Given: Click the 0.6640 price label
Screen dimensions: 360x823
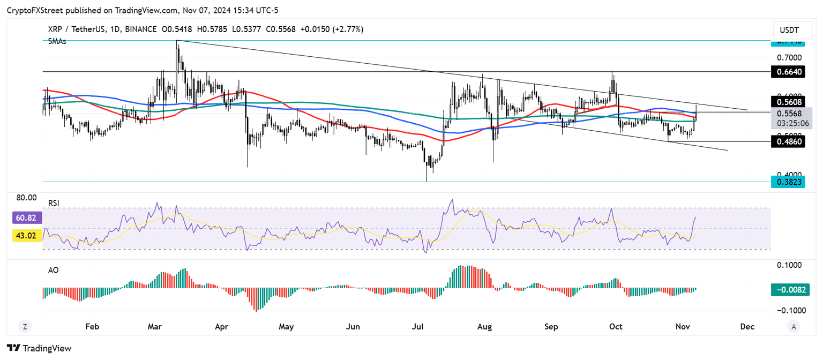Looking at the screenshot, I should [787, 71].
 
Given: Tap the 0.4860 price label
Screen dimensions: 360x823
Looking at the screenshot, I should [787, 141].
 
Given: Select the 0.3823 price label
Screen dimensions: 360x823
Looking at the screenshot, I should [787, 182].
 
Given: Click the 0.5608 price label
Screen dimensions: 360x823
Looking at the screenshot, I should [787, 102].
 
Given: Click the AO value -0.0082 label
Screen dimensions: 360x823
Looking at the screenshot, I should [787, 290].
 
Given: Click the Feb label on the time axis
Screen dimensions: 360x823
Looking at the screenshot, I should [92, 326].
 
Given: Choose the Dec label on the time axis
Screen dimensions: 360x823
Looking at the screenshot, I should [747, 326].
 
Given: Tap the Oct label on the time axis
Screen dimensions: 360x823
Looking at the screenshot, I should [616, 326].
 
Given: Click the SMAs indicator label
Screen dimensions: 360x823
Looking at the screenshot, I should [57, 41].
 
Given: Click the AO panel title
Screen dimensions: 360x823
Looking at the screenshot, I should [53, 271].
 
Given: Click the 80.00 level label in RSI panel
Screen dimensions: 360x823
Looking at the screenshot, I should [26, 197].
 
